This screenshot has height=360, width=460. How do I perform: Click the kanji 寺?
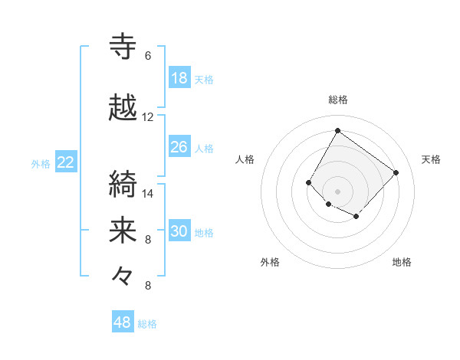[x=123, y=46]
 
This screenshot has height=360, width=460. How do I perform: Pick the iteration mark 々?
[x=123, y=277]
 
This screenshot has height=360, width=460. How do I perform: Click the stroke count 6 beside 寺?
[x=148, y=56]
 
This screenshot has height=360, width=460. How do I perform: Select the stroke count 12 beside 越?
[x=148, y=117]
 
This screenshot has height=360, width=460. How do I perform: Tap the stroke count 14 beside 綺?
[x=148, y=194]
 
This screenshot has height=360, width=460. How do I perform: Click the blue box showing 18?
[x=179, y=78]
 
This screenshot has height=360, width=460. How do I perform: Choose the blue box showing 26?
[x=179, y=147]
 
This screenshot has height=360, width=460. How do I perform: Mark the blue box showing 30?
[x=179, y=231]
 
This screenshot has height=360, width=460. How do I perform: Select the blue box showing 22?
[x=66, y=162]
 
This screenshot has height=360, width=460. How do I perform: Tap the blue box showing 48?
[x=123, y=322]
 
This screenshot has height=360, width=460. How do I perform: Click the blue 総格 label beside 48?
[x=148, y=324]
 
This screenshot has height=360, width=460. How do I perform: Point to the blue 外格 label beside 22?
[x=41, y=163]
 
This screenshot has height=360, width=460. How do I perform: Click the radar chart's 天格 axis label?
[x=431, y=159]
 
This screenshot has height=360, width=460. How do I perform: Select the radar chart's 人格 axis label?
[x=245, y=159]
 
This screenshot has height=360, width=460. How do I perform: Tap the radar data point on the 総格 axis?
[x=337, y=130]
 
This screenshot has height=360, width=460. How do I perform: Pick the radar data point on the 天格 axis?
[x=396, y=172]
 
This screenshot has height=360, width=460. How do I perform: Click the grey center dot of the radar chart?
[x=337, y=191]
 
